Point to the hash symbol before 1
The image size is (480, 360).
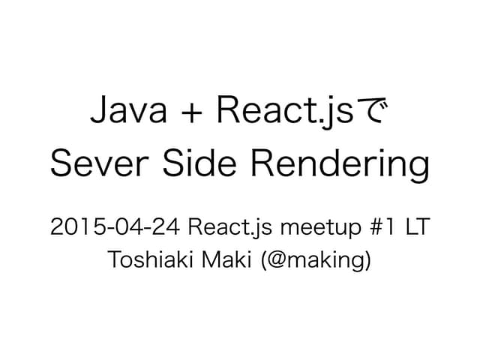pyautogui.click(x=358, y=226)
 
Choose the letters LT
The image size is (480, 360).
pyautogui.click(x=416, y=226)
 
